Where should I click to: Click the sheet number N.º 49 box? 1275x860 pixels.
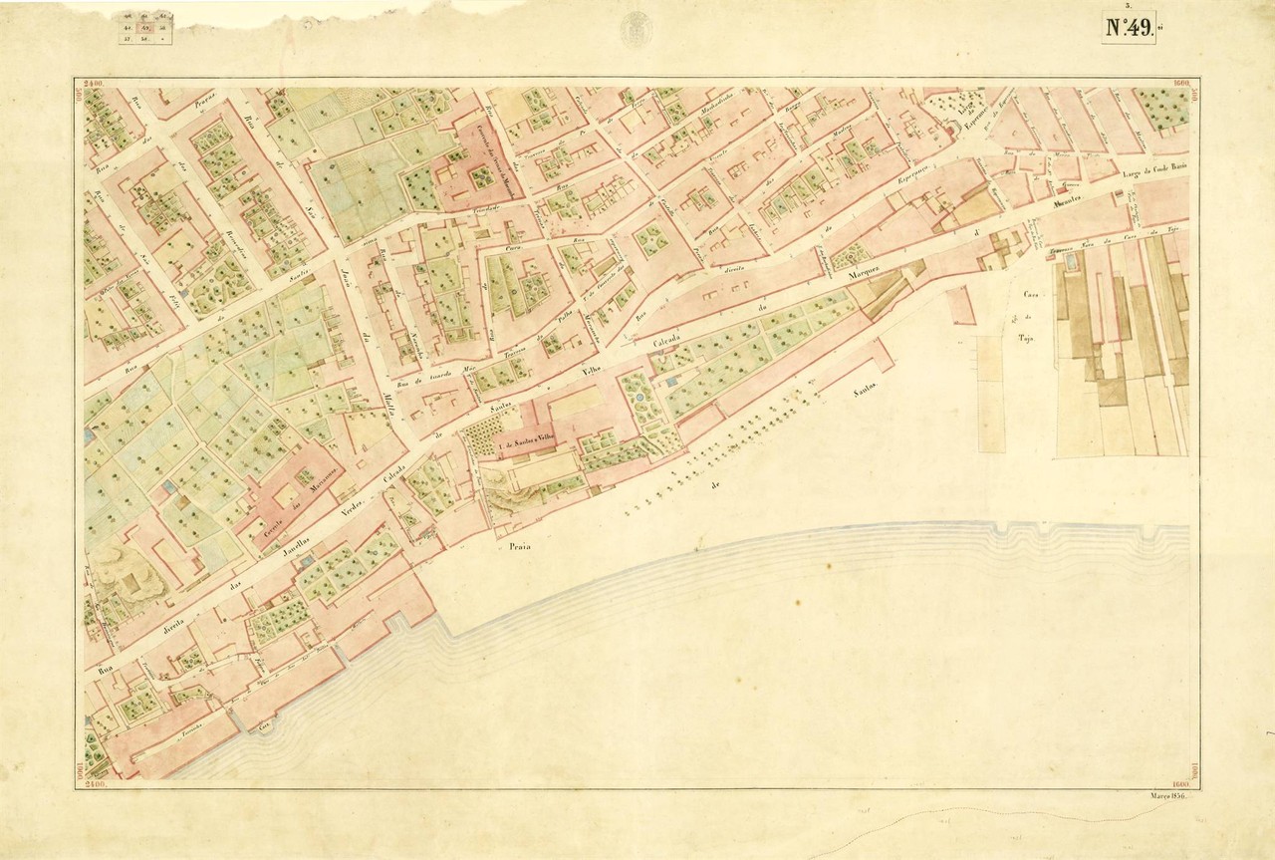(1129, 27)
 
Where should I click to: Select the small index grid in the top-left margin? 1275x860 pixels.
(145, 29)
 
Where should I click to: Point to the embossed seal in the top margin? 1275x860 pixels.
(637, 29)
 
